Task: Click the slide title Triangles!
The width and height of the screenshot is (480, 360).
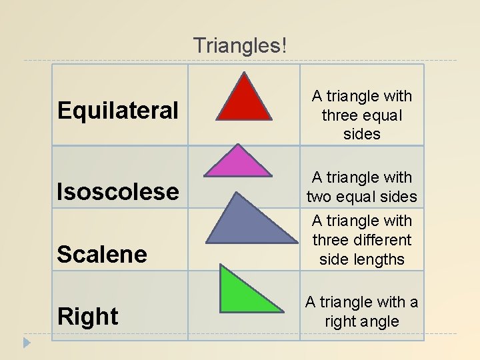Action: click(241, 46)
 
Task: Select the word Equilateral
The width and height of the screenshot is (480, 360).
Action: click(118, 111)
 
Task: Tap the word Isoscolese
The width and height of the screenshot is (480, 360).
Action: click(118, 192)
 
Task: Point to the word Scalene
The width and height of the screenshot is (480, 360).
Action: click(102, 254)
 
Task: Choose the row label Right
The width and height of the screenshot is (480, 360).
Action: click(89, 316)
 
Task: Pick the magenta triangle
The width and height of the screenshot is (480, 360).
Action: click(238, 164)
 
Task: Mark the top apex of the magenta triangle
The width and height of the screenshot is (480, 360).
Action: click(238, 144)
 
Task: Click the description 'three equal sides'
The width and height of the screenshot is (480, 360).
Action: click(362, 125)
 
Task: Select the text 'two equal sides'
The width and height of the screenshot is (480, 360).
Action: click(362, 197)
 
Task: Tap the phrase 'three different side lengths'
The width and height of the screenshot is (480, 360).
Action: click(362, 249)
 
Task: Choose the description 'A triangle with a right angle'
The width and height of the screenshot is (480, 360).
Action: click(362, 311)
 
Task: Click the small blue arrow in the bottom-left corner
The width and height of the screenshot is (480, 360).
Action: click(26, 343)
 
